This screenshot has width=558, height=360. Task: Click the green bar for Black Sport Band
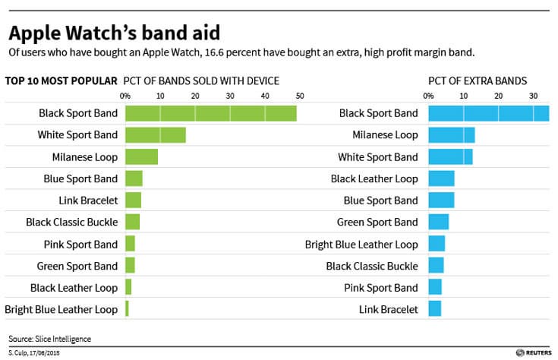(210, 113)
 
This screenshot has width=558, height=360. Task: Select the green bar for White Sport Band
(155, 135)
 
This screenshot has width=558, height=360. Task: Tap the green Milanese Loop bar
(141, 157)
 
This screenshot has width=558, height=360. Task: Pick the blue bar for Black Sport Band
(488, 113)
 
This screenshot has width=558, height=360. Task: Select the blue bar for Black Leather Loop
(441, 178)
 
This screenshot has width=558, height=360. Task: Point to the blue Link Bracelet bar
(434, 309)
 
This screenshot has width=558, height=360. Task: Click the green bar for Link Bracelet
(133, 201)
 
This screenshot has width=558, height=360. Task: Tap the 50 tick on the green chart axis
(300, 96)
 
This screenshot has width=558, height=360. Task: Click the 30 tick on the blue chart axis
(534, 96)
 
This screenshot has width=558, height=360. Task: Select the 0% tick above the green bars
(125, 96)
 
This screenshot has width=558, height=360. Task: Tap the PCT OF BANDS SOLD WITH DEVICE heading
(202, 81)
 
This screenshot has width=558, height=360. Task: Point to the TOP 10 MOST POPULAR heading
(61, 81)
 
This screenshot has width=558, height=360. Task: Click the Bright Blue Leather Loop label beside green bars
(61, 309)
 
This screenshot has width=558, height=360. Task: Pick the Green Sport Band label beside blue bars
(377, 223)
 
